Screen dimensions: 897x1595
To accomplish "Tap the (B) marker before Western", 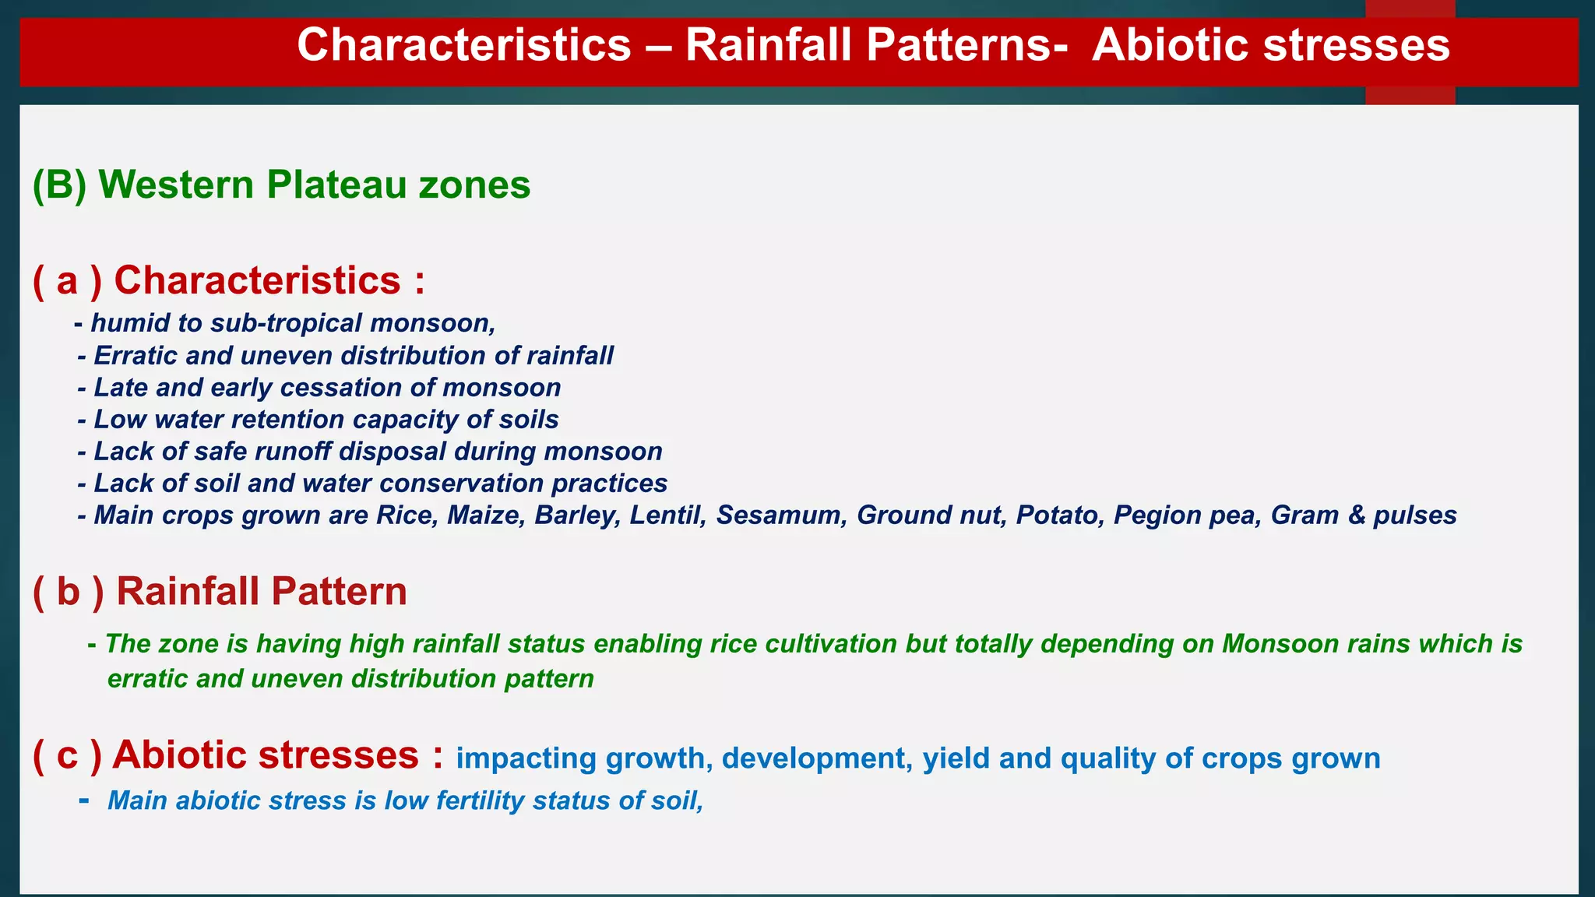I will (x=59, y=185).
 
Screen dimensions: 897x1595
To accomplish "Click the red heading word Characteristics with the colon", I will (x=269, y=280).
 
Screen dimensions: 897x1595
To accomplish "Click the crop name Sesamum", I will (x=781, y=515).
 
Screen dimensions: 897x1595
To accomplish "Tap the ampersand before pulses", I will (x=1356, y=515).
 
